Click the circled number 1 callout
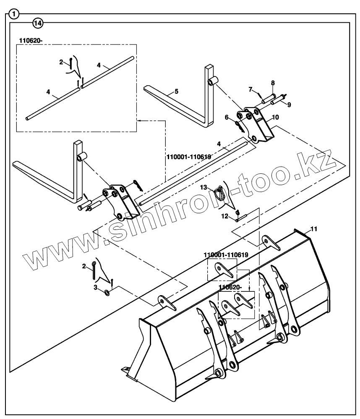click(x=15, y=14)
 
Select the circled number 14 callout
click(x=38, y=24)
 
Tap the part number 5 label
click(x=177, y=91)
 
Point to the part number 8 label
click(x=273, y=83)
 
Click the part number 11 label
click(x=314, y=229)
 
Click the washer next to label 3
click(x=107, y=292)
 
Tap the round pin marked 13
click(x=220, y=194)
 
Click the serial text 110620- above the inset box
click(x=31, y=40)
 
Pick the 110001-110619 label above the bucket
click(x=226, y=255)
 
